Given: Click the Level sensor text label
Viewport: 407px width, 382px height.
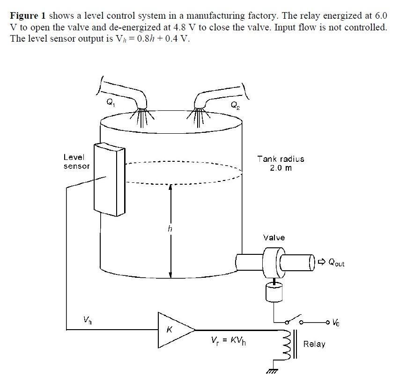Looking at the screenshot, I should pos(76,161).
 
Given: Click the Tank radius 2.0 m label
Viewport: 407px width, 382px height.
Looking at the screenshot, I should pos(281,163).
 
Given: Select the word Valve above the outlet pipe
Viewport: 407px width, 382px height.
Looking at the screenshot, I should pos(274,238).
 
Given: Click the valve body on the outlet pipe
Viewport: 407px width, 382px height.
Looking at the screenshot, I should pos(272,262).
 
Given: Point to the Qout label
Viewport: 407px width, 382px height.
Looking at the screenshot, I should pos(336,263).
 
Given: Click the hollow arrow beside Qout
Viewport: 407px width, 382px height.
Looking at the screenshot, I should pos(322,262).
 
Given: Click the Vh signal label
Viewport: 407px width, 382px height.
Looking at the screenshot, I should pos(87,321).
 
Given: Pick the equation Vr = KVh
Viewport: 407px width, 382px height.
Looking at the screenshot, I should pos(229,341).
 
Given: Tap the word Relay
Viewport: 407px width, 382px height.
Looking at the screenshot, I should pos(314,344).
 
